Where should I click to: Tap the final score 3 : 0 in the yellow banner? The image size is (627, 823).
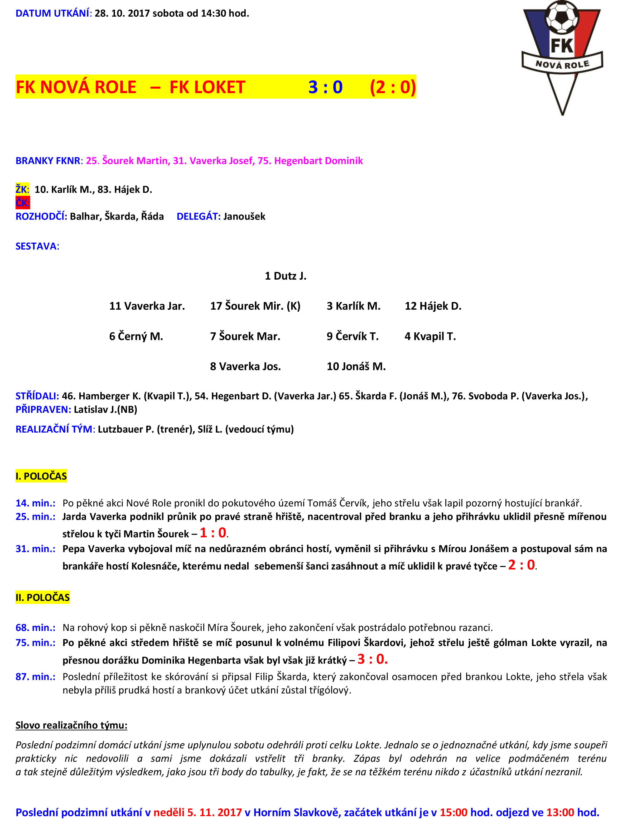click(x=325, y=87)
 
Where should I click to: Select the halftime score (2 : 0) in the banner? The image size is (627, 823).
click(x=393, y=87)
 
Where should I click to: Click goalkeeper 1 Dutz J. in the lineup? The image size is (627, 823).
click(x=286, y=276)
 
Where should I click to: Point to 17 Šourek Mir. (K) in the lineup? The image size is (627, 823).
click(x=255, y=306)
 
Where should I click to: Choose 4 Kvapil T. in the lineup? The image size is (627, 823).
click(x=430, y=336)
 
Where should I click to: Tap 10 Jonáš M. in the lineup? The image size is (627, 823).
click(x=356, y=366)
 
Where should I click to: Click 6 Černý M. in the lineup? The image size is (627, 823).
click(x=136, y=336)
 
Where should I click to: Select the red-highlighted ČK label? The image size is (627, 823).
click(x=22, y=203)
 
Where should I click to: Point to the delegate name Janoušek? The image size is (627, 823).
click(x=244, y=216)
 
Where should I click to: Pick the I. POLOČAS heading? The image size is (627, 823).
click(x=41, y=476)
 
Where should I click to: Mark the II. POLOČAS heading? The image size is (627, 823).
click(x=42, y=597)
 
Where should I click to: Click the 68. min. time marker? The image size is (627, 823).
click(x=35, y=627)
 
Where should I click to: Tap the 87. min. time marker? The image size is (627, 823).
click(x=35, y=676)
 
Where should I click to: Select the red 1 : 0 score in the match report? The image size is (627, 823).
click(x=213, y=533)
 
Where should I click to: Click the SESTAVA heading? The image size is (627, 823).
click(x=37, y=246)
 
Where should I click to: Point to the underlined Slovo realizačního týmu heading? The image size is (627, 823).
click(x=71, y=725)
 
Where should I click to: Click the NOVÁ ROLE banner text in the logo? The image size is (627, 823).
click(x=562, y=64)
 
